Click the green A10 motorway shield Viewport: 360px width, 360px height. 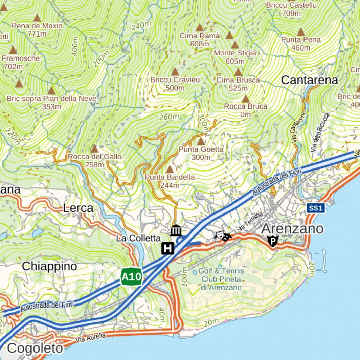(x=131, y=277)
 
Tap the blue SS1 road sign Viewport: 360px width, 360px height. (x=316, y=208)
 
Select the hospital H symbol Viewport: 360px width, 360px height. (x=168, y=249)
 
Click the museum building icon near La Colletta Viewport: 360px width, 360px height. (x=176, y=231)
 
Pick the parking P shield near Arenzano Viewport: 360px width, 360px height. (x=272, y=241)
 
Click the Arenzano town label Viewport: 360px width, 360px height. (x=292, y=229)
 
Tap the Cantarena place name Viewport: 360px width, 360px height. (x=309, y=80)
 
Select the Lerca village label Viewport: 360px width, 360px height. (x=78, y=208)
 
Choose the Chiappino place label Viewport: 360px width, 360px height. (x=49, y=266)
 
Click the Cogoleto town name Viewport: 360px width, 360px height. (x=35, y=348)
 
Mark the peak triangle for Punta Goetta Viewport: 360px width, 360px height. (x=201, y=141)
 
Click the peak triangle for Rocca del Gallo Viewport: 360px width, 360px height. (x=94, y=149)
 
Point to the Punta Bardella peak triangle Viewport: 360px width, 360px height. (x=170, y=169)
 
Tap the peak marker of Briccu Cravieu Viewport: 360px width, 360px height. (x=175, y=72)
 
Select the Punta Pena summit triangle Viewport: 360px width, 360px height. (x=301, y=32)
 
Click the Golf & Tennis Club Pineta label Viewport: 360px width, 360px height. (x=221, y=279)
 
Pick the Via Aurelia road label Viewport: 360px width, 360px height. (x=90, y=337)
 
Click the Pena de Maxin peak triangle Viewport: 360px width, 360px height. (x=37, y=18)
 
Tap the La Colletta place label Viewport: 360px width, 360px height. (x=138, y=238)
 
